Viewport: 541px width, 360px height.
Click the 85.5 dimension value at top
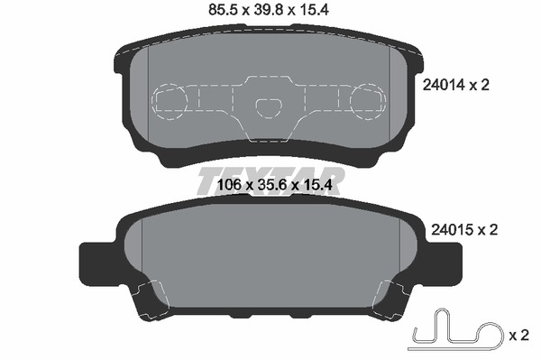click(x=223, y=10)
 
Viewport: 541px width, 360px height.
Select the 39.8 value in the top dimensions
click(x=269, y=10)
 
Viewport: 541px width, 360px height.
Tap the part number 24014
click(x=443, y=85)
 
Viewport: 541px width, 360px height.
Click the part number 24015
click(x=452, y=230)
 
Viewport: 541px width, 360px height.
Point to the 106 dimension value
click(x=229, y=185)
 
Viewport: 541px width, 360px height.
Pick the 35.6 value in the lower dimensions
click(x=271, y=185)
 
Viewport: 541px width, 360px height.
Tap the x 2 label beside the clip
click(x=519, y=336)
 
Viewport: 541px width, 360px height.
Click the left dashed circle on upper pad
click(x=170, y=101)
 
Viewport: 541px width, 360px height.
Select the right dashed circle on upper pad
click(x=368, y=101)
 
